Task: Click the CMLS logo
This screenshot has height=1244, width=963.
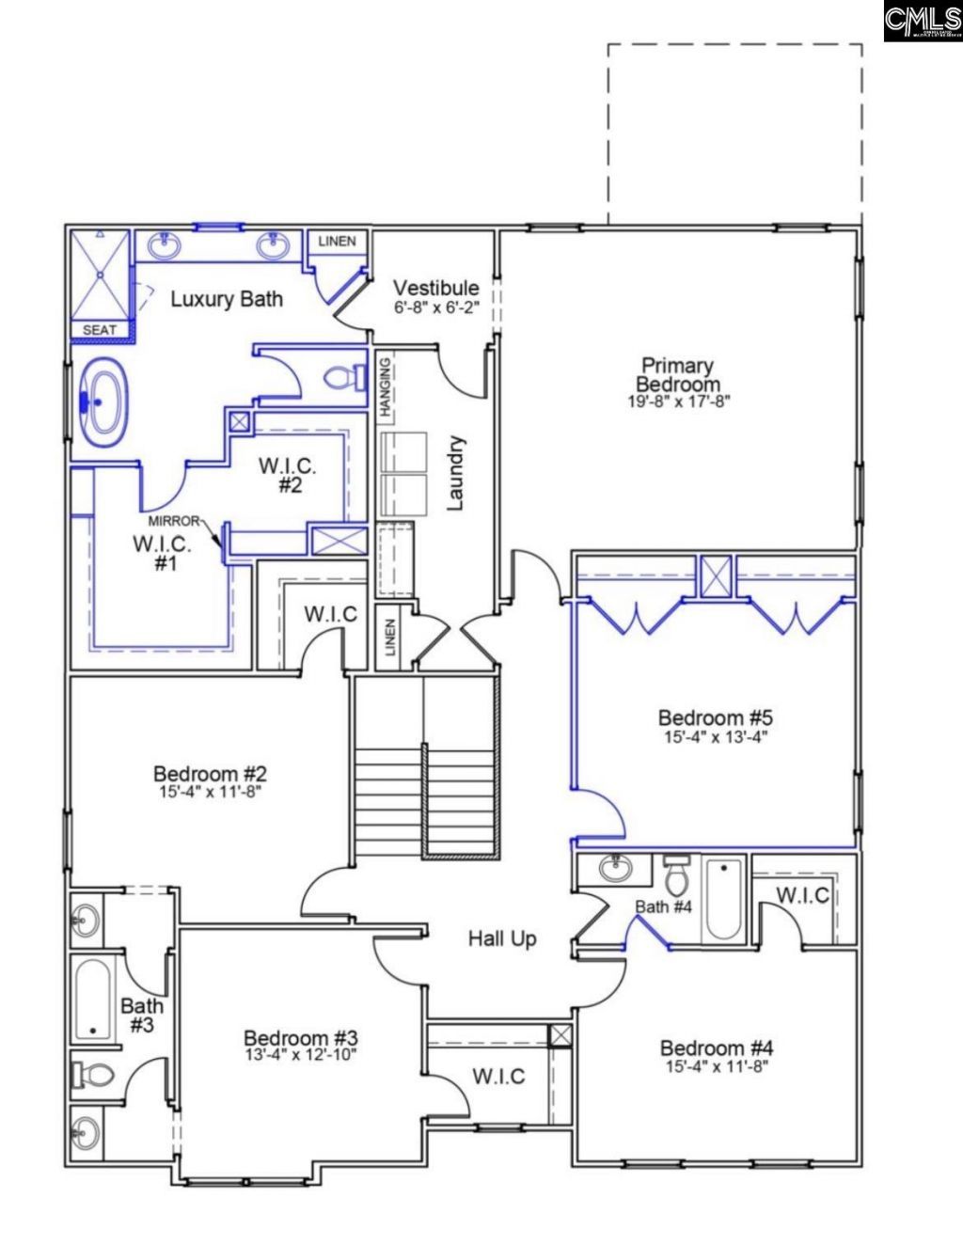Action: pyautogui.click(x=922, y=21)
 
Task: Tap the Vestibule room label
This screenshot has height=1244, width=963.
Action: pyautogui.click(x=435, y=288)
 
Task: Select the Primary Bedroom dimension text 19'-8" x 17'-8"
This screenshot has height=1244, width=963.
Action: pyautogui.click(x=678, y=401)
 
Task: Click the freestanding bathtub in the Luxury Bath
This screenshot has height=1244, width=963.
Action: pyautogui.click(x=102, y=402)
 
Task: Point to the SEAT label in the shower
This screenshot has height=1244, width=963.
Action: pyautogui.click(x=100, y=330)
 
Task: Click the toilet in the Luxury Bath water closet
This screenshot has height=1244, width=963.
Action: pyautogui.click(x=345, y=378)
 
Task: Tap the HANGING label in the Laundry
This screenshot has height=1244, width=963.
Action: pyautogui.click(x=385, y=386)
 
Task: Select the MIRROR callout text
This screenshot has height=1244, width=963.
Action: pyautogui.click(x=174, y=521)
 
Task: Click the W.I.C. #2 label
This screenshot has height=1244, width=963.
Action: pyautogui.click(x=288, y=475)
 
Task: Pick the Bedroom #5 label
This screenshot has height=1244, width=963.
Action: pyautogui.click(x=716, y=718)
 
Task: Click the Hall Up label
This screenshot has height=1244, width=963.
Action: pyautogui.click(x=502, y=938)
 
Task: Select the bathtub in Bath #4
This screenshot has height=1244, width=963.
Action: pyautogui.click(x=723, y=899)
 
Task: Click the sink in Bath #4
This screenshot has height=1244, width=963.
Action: pyautogui.click(x=615, y=868)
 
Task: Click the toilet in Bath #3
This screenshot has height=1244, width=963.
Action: pyautogui.click(x=92, y=1073)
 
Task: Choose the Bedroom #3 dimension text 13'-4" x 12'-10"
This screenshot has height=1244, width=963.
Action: pyautogui.click(x=301, y=1054)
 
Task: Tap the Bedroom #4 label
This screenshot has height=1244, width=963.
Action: pyautogui.click(x=716, y=1047)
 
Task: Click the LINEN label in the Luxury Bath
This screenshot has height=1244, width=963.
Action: pyautogui.click(x=337, y=242)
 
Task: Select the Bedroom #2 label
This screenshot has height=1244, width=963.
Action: pyautogui.click(x=210, y=774)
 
